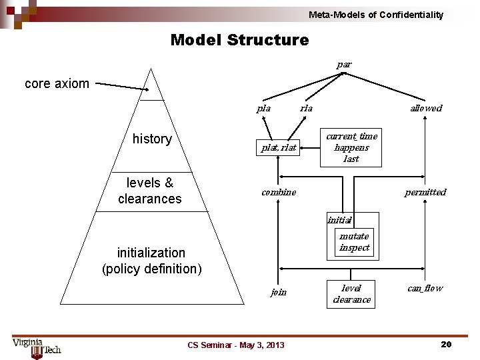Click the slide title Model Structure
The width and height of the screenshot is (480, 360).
239,40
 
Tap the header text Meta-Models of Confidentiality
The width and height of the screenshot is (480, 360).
375,15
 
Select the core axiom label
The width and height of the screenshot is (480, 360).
57,83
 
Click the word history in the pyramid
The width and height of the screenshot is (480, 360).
152,139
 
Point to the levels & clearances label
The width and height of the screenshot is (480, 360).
149,191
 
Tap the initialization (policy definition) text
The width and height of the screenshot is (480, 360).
151,261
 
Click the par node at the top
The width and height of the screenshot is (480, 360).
344,65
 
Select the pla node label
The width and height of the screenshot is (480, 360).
264,108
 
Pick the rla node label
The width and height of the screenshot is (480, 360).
306,108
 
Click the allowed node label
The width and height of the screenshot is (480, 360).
425,108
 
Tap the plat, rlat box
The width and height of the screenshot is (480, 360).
279,148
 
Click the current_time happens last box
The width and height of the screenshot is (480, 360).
351,147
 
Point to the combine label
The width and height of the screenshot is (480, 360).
279,192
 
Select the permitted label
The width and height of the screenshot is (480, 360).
425,192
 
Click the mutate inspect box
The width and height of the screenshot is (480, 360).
353,242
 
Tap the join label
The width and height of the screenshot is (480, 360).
279,291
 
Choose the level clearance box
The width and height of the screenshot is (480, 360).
351,293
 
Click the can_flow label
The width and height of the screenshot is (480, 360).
425,288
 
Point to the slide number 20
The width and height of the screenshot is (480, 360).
446,344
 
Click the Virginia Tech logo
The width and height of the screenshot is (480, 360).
37,347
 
